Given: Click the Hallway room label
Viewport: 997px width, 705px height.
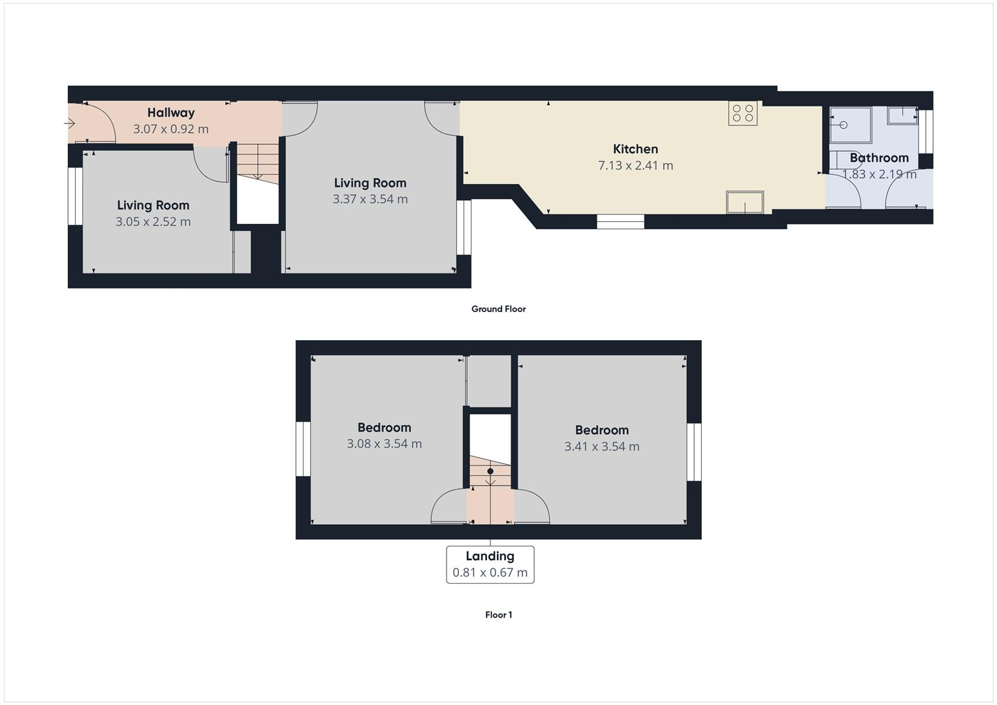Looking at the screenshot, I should point(170,113).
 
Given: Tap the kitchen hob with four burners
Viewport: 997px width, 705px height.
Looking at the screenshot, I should point(743,113).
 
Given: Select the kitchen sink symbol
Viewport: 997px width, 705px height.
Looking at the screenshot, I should point(745,202).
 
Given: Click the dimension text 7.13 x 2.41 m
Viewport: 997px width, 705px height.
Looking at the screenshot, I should point(635,166).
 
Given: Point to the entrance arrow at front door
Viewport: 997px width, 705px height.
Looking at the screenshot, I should point(70,123).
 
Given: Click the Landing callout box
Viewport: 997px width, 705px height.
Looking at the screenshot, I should point(490,565).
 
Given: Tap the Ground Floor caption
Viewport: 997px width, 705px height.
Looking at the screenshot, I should point(498,309).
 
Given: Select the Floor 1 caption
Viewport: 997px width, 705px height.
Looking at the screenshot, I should point(498,615).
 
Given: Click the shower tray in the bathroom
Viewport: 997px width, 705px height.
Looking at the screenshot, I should point(850,125).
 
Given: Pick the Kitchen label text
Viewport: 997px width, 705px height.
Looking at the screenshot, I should point(635,149).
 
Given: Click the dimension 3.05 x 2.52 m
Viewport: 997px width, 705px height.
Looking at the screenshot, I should point(153,222).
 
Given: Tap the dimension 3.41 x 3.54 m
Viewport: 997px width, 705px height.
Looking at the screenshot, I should point(601,447).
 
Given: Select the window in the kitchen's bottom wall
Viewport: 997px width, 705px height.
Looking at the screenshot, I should point(620,222).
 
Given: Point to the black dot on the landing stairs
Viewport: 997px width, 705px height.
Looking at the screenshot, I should point(490,471).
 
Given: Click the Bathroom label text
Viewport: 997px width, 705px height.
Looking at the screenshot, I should point(879,158).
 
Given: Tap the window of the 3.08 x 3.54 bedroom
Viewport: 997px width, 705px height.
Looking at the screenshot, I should point(303,449).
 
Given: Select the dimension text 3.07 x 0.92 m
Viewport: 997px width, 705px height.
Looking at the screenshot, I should point(170,129).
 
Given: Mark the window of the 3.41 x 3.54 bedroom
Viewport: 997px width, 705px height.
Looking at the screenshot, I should point(694,452).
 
